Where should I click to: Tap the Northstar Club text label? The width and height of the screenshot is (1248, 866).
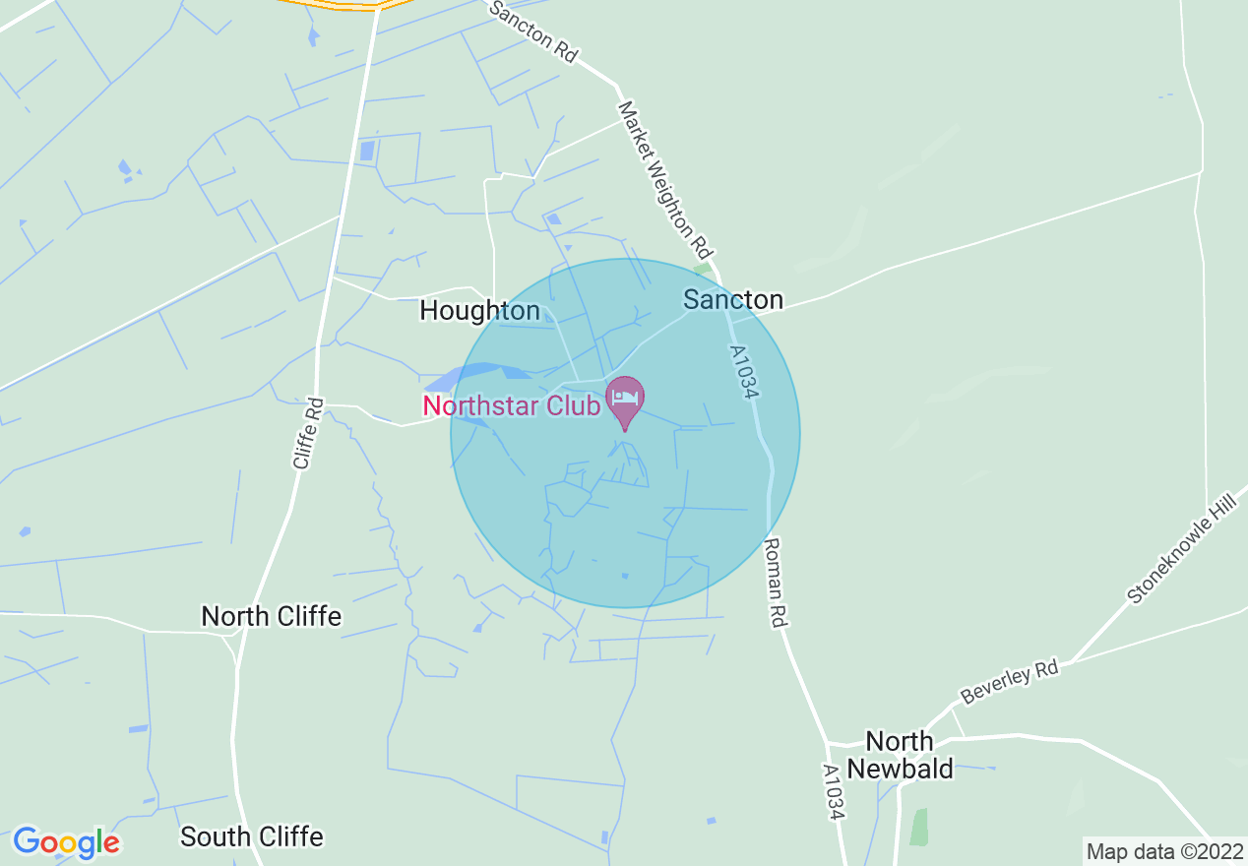(511, 404)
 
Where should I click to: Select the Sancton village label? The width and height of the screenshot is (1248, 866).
(733, 299)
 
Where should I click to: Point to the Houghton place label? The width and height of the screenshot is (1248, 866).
(479, 311)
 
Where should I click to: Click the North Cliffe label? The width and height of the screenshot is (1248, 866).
(271, 616)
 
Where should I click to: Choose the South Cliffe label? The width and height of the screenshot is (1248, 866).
(252, 836)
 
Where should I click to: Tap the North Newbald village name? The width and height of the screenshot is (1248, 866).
(900, 755)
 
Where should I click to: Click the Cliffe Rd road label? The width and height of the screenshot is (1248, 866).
(308, 432)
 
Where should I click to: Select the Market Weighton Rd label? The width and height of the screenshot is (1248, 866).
(664, 176)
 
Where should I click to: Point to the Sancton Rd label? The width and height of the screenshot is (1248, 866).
(532, 31)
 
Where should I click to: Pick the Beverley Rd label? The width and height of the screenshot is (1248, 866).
(1009, 682)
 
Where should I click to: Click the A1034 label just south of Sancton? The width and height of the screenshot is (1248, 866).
(745, 372)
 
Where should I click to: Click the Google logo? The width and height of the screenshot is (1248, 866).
(66, 842)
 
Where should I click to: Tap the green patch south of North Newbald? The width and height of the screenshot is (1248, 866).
(918, 827)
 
